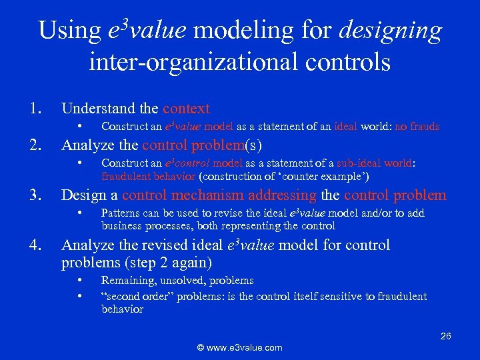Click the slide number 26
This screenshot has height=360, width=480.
(x=445, y=336)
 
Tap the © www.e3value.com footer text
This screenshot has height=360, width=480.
(x=239, y=347)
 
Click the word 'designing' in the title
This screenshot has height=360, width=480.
(x=391, y=31)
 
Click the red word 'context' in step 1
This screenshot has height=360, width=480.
(x=186, y=108)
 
